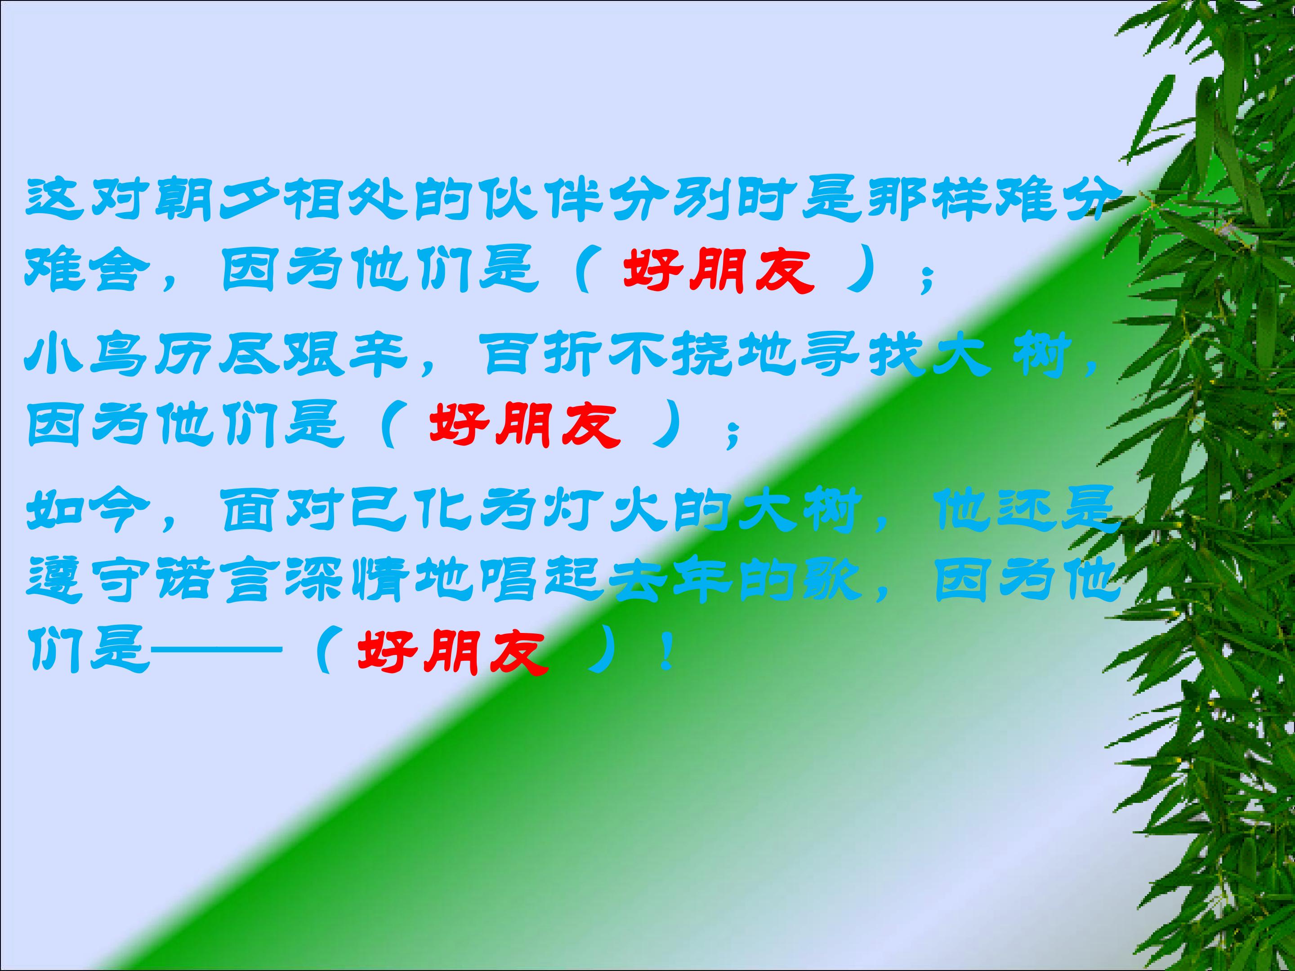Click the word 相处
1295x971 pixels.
pos(345,200)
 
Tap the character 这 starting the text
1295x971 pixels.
pos(53,200)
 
